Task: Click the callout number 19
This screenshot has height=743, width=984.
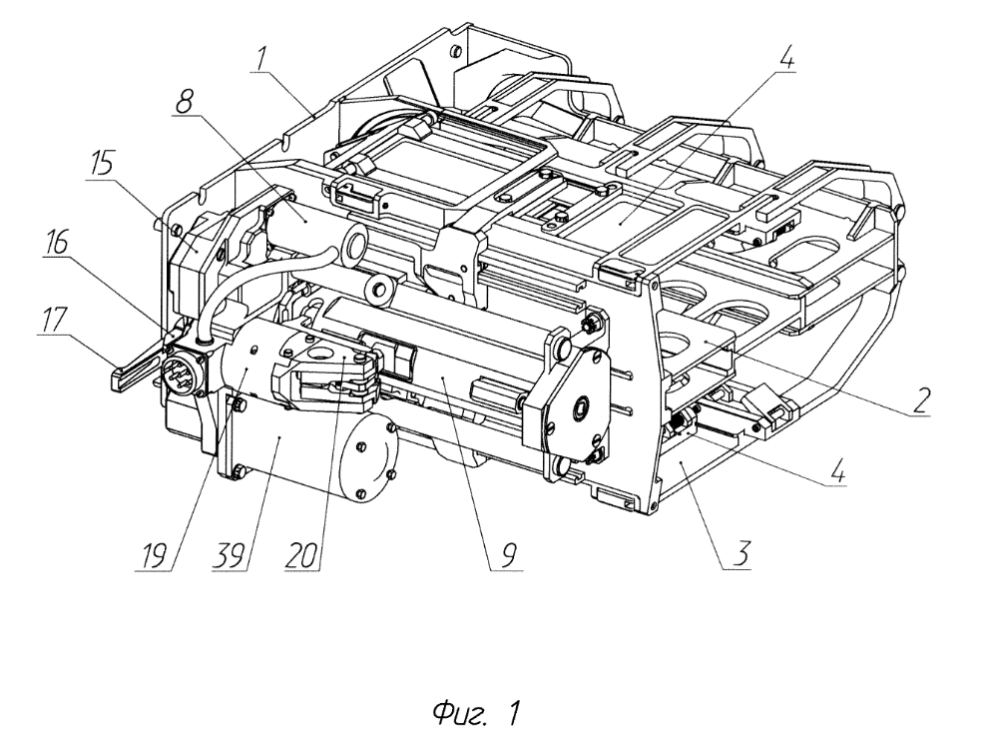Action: click(155, 556)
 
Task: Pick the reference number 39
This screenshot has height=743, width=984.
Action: click(229, 556)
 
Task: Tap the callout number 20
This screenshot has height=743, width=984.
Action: click(301, 556)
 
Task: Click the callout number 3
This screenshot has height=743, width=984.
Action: click(741, 555)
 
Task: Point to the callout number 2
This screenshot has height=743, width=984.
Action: click(919, 400)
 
